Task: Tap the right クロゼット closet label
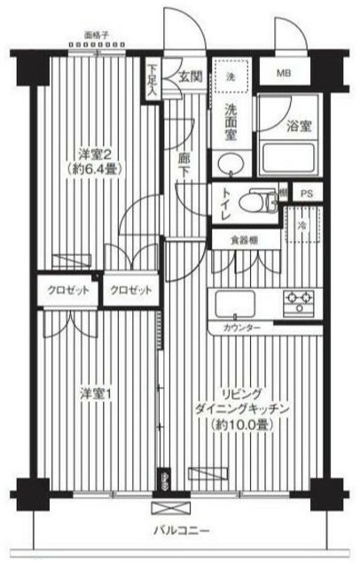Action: point(129,291)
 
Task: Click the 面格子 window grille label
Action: point(96,37)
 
